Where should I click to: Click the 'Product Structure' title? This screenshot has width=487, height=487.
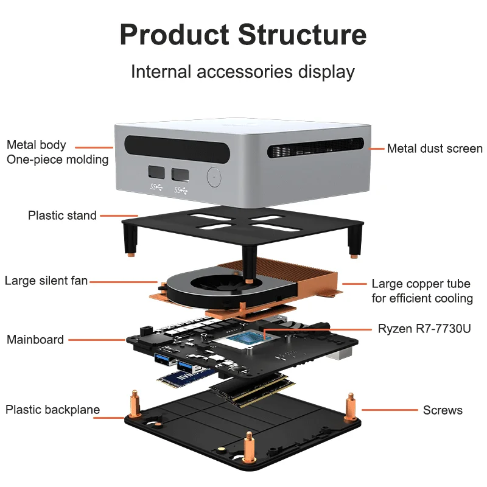(x=243, y=35)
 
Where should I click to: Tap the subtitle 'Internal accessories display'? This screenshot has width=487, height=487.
(x=243, y=72)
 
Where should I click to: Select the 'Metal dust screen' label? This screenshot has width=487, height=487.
(x=435, y=149)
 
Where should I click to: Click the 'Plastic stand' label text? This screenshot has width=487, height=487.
(x=62, y=215)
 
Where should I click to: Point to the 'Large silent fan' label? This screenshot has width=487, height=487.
(x=46, y=281)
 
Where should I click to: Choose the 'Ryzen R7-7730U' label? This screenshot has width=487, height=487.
(x=424, y=329)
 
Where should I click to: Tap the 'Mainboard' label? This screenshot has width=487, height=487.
(x=35, y=340)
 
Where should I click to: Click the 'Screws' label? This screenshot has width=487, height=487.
(x=443, y=410)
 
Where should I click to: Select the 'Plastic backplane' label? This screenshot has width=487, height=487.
(x=52, y=410)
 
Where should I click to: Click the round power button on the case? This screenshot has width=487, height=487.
(x=214, y=177)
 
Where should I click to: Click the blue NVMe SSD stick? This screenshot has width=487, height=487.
(x=186, y=377)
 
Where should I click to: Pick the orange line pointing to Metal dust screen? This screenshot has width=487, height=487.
(x=376, y=149)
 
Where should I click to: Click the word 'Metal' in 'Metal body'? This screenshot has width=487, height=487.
(x=21, y=145)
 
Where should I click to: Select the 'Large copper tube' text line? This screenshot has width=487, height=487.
(x=421, y=284)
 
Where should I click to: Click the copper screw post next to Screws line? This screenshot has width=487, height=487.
(x=351, y=407)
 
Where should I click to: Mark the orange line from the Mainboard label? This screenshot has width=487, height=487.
(x=97, y=340)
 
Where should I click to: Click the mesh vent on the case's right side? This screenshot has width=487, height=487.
(x=315, y=148)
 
